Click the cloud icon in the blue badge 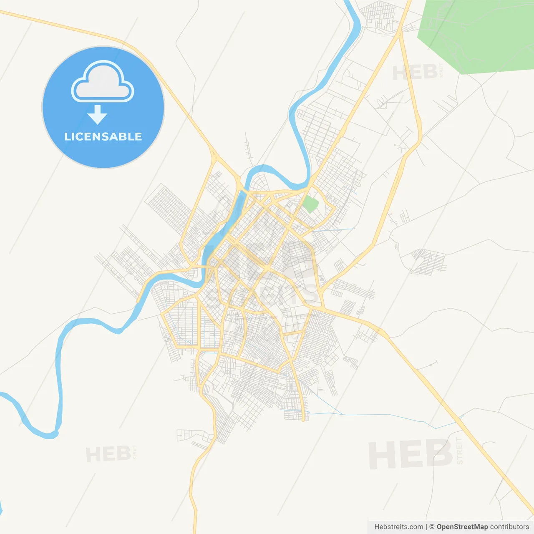[103, 82]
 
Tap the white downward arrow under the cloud [98, 115]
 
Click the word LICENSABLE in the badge [103, 137]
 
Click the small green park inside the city [310, 204]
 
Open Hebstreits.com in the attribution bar [398, 527]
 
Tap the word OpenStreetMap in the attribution [462, 527]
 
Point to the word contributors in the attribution [509, 527]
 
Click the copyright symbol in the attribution [432, 527]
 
